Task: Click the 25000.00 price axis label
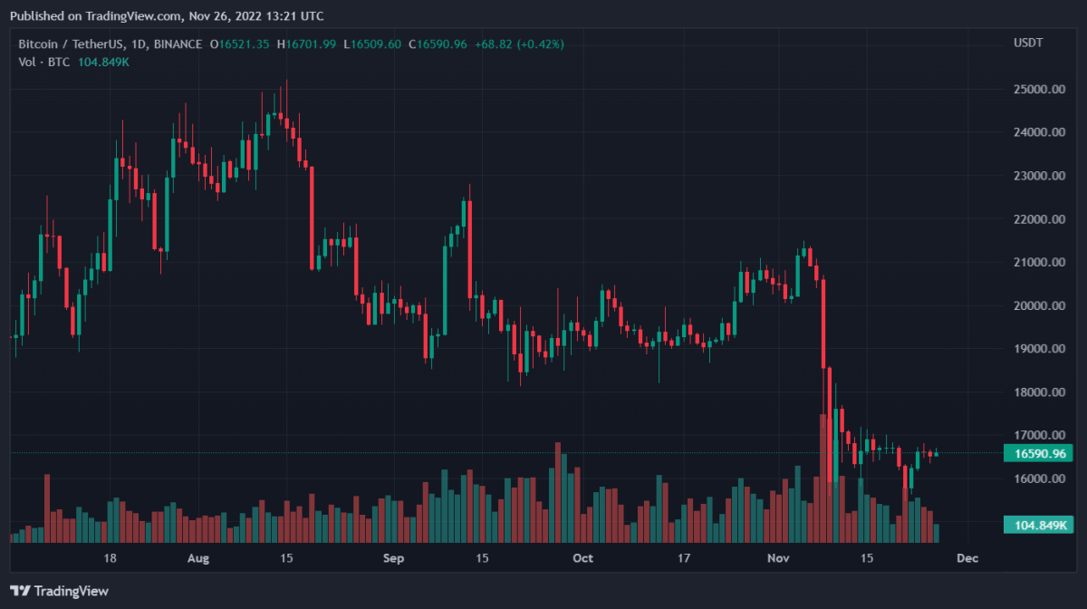coord(1039,89)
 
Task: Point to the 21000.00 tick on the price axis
coord(1039,262)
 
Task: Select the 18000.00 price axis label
coord(1039,392)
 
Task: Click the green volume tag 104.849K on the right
coord(1037,525)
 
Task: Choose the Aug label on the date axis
coord(198,558)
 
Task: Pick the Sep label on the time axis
coord(392,558)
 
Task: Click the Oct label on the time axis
coord(583,558)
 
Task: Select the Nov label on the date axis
coord(780,558)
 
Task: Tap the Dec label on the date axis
coord(967,558)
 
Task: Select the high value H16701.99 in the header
coord(306,43)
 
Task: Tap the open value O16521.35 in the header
coord(240,43)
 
